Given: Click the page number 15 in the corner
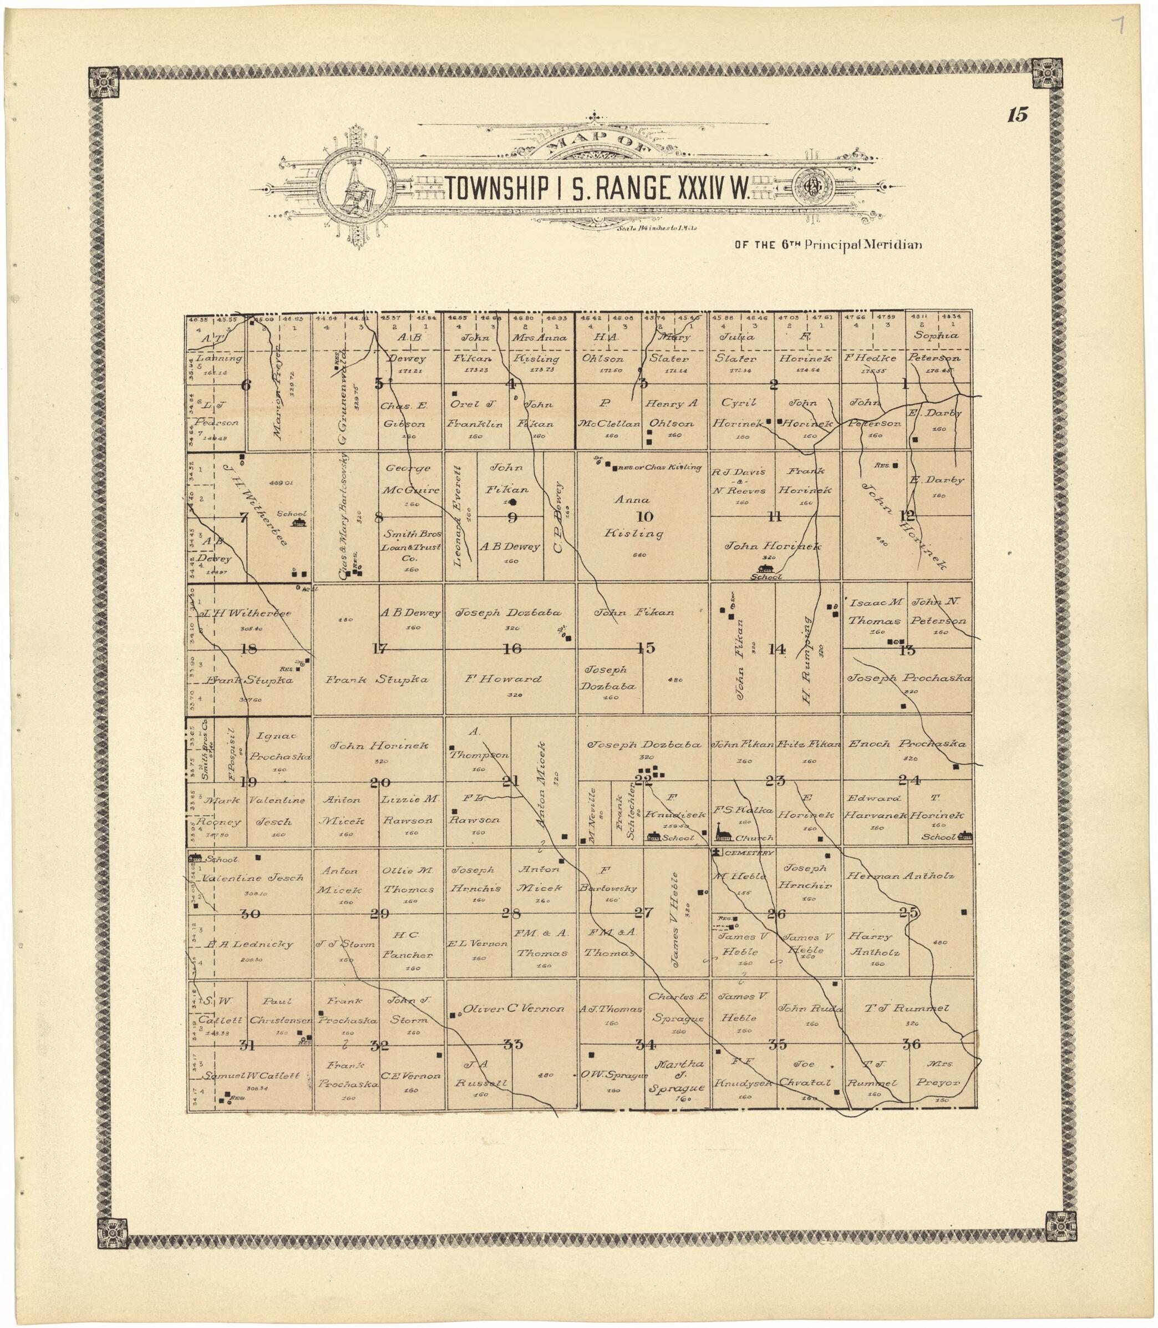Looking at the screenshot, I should click(x=1016, y=115).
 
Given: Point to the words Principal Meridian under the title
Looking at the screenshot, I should click(x=863, y=245).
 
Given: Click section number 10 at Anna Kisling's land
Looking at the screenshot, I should click(x=644, y=516).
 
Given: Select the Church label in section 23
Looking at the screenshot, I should click(x=754, y=838).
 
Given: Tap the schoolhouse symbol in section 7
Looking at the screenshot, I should click(x=298, y=521).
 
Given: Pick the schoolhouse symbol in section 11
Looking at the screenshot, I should click(x=766, y=568).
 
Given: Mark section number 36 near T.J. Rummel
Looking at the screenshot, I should click(x=911, y=1043).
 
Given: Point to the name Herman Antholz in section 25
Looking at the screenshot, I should click(x=900, y=876).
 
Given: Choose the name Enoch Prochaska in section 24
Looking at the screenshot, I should click(x=907, y=744).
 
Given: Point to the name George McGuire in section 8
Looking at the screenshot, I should click(x=411, y=479).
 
